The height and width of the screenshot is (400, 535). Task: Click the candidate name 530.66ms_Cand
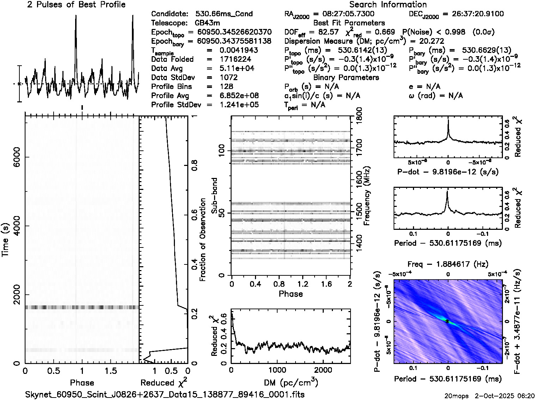point(224,14)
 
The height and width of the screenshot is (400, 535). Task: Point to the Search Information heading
point(388,5)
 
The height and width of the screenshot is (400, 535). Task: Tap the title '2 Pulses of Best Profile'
point(76,5)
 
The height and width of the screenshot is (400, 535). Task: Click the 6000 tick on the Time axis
point(16,157)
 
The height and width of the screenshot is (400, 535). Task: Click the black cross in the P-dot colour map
point(447,321)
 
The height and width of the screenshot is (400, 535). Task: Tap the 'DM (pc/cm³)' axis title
point(291,383)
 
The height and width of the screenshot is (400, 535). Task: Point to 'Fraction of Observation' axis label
point(203,240)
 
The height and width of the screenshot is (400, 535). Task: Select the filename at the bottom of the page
point(165,394)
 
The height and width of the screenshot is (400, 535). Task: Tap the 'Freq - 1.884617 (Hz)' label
point(448,264)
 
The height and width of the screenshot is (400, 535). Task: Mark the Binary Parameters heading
point(346,77)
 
